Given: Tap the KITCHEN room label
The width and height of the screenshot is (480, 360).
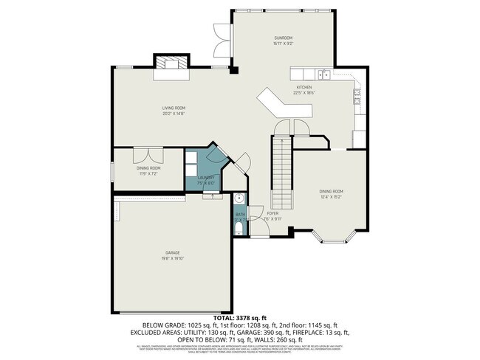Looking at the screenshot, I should [304, 88].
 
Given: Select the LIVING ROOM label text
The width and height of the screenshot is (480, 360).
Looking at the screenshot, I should [174, 108].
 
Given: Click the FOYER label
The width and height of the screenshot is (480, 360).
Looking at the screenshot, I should [272, 213].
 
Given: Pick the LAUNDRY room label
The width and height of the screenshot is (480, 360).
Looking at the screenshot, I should [206, 178].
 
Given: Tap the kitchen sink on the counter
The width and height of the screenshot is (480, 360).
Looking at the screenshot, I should [323, 74].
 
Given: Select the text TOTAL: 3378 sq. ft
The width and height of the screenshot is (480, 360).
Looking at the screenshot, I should [239, 318].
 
